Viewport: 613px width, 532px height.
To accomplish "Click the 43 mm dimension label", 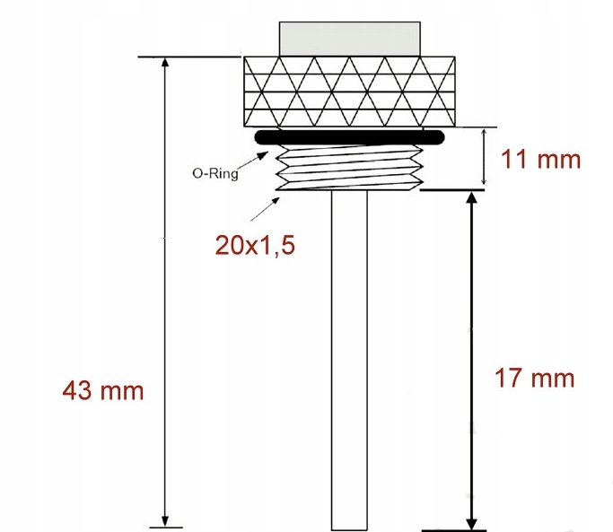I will [102, 390].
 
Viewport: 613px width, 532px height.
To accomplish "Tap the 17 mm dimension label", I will [534, 378].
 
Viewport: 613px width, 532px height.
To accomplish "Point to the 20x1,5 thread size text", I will [256, 244].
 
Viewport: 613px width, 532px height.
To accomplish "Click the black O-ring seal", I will [349, 137].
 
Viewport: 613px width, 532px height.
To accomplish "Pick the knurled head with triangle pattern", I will [349, 92].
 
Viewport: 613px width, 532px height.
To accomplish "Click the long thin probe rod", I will [349, 359].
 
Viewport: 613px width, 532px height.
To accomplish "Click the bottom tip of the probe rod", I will [349, 527].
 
